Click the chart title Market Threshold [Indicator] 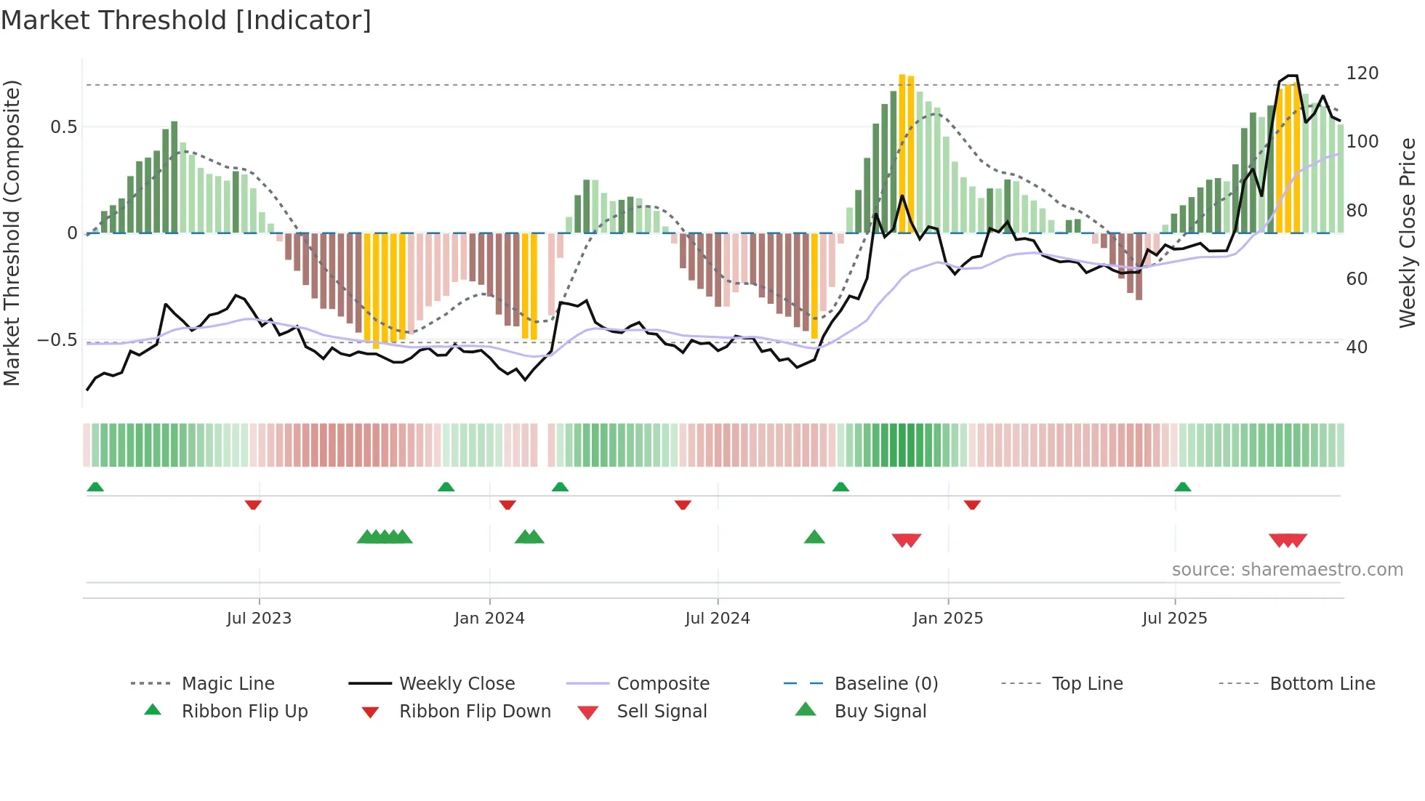186,20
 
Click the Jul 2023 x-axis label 259,619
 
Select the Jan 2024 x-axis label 489,619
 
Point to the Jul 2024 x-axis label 717,619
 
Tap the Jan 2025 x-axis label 947,619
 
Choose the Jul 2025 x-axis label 1174,619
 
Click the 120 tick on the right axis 1362,73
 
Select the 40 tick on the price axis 1357,347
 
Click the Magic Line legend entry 228,684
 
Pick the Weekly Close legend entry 457,684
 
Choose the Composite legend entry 662,684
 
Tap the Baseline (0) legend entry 886,684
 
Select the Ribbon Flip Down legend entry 474,712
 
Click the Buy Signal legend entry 880,712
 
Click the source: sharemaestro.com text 1287,570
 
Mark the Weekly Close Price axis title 1408,233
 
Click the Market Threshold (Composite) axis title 12,233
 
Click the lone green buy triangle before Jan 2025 814,537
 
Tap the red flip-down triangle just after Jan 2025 972,504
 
